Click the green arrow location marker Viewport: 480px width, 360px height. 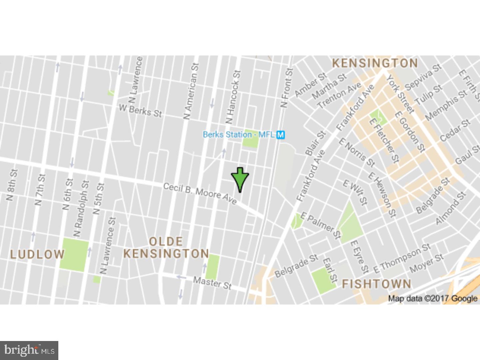pos(240,179)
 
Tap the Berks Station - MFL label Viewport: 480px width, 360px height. pos(239,135)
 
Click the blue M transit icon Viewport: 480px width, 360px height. pos(281,135)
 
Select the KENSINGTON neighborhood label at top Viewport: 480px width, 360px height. pos(375,63)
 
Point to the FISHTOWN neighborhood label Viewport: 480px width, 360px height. pos(377,284)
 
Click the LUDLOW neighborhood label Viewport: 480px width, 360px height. pos(37,254)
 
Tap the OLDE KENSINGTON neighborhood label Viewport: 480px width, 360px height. pos(166,247)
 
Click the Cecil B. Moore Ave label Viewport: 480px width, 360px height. pos(200,193)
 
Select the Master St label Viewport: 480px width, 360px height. pos(212,283)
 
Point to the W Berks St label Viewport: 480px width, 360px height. pos(140,111)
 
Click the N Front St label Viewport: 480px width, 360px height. pos(286,88)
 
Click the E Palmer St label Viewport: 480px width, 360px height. pos(321,226)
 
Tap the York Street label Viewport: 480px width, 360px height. pos(400,94)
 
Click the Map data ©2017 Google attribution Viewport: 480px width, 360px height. pos(432,298)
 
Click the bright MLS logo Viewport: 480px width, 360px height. pos(29,350)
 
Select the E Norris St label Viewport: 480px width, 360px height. pos(357,152)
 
